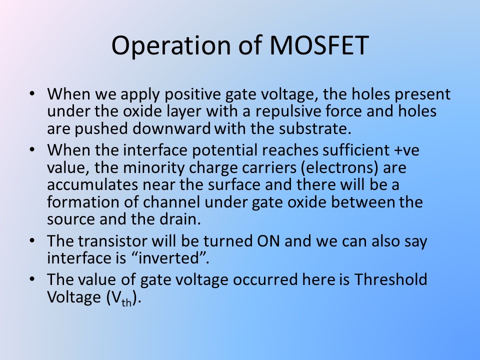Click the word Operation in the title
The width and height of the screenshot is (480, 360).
171,46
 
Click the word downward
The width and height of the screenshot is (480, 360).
171,128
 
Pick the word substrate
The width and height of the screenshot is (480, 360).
314,128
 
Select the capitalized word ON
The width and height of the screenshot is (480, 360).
268,241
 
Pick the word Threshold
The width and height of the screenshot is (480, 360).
390,279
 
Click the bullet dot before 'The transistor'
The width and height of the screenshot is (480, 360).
32,240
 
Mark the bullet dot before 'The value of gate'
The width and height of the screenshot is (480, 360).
32,279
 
